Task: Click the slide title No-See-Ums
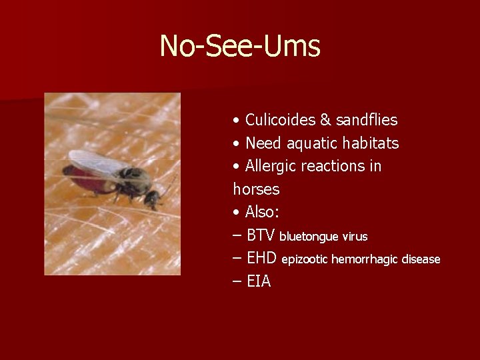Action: pos(240,46)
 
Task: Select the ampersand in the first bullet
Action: pos(326,120)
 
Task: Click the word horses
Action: pos(256,189)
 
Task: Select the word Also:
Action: pos(263,212)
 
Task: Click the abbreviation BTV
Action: pos(261,235)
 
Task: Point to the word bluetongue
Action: pos(309,237)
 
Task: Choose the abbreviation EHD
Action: pos(262,258)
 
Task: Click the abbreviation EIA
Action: pos(259,281)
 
